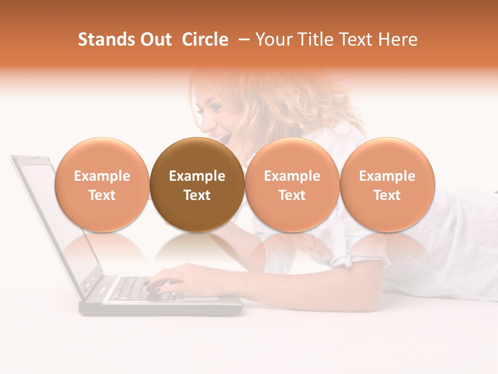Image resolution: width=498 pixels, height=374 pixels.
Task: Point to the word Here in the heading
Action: coord(398,39)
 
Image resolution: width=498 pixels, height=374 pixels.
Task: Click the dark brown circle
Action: coord(197,184)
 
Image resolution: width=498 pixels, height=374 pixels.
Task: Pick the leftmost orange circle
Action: coord(102,184)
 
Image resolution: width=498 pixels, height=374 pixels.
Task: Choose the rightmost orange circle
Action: coord(387,184)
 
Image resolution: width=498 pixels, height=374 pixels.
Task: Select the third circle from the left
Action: coord(292,184)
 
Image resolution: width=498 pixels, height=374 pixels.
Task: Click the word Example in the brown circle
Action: coord(197,176)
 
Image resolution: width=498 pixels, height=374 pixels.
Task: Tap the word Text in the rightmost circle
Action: coord(387,195)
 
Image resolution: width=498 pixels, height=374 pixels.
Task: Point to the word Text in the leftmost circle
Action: coord(102,195)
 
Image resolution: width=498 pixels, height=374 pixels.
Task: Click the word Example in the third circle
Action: coord(292,176)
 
